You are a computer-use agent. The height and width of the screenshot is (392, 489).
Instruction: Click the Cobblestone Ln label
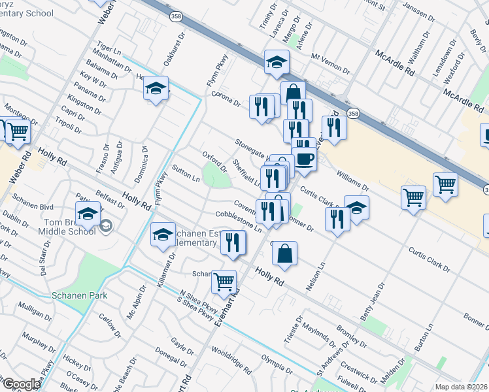(239, 221)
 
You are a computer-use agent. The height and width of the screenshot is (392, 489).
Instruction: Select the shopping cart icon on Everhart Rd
(224, 282)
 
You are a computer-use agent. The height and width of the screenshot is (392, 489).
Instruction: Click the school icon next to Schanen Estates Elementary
(163, 235)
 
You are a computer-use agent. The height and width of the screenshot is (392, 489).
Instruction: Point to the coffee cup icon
(304, 157)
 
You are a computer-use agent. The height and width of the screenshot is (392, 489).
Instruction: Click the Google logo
(22, 384)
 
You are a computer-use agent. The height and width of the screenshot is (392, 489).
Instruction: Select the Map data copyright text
(461, 387)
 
